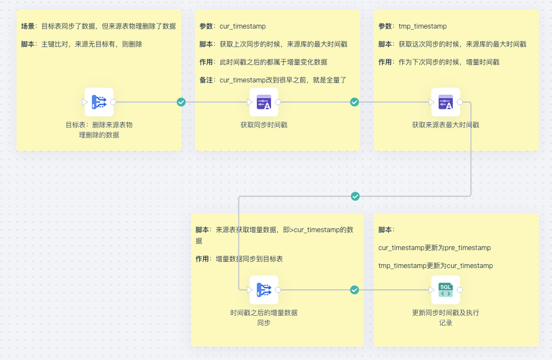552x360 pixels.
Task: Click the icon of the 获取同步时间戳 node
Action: (264, 102)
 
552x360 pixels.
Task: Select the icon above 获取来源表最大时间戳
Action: (445, 102)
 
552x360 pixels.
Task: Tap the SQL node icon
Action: (445, 290)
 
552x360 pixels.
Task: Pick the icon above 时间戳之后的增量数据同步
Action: (264, 290)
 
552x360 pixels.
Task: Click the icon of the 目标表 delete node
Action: (99, 102)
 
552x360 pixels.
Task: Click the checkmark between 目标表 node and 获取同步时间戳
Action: (181, 102)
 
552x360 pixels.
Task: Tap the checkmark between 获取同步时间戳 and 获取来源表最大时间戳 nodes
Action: (355, 102)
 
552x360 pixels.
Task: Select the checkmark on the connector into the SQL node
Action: (355, 290)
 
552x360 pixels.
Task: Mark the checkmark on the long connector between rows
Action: (355, 196)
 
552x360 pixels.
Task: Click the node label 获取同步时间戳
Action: (264, 125)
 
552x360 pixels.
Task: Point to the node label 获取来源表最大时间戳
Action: (445, 125)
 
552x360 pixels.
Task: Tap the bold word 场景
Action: (28, 26)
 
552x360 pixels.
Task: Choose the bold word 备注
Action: (206, 80)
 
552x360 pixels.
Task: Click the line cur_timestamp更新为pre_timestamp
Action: (435, 248)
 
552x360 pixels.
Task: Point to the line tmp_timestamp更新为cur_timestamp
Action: (436, 266)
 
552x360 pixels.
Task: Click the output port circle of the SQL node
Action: (460, 290)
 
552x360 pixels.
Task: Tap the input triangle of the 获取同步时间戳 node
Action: (250, 102)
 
